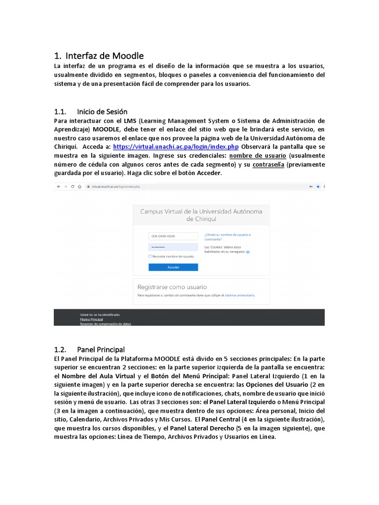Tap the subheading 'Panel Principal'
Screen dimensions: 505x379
click(101, 350)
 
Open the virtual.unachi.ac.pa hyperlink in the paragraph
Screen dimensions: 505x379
click(176, 147)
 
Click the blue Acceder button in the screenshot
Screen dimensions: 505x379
click(173, 267)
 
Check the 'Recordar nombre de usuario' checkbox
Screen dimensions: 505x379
click(150, 256)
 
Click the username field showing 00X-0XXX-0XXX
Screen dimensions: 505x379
click(173, 236)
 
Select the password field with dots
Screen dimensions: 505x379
click(173, 247)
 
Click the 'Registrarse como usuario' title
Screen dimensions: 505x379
click(172, 287)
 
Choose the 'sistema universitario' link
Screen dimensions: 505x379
click(240, 295)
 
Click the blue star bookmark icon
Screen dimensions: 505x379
click(318, 186)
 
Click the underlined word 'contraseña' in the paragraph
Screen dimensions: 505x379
click(268, 165)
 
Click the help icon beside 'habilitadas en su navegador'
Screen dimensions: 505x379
click(248, 252)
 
